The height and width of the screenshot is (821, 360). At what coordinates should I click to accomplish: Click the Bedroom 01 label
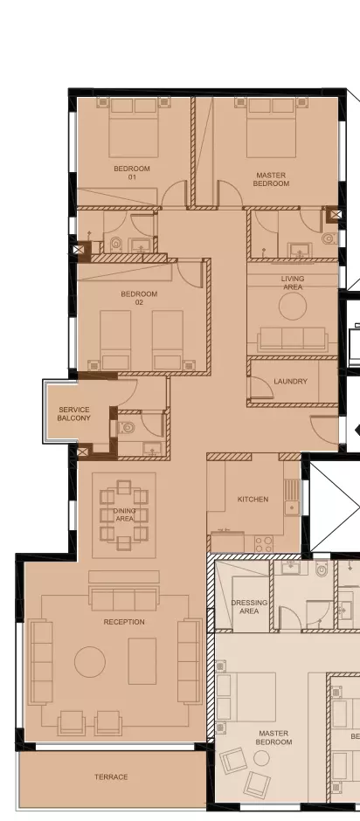(132, 173)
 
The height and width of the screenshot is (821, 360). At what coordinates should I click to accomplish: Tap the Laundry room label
(290, 382)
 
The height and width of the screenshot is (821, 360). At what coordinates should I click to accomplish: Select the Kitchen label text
(253, 500)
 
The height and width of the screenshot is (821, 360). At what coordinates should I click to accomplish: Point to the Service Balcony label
(74, 414)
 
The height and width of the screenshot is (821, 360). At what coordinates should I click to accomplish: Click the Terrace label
(111, 777)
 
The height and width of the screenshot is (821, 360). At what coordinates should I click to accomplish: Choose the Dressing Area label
(249, 607)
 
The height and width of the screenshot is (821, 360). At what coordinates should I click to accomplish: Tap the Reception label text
(124, 622)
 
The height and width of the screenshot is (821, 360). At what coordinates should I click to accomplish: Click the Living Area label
(293, 283)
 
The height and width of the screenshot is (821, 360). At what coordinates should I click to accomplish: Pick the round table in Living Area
(293, 307)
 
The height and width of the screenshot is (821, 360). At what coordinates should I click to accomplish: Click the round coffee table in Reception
(90, 662)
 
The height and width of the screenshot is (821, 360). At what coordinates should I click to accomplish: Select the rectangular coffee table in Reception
(142, 661)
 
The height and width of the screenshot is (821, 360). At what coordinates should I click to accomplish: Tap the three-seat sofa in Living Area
(293, 339)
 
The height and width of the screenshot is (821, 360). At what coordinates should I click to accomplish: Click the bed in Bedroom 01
(134, 128)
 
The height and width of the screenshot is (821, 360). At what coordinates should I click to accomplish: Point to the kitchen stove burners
(264, 543)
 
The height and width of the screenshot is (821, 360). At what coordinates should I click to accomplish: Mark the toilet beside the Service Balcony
(127, 428)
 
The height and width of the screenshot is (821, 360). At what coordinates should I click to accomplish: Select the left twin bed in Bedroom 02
(115, 340)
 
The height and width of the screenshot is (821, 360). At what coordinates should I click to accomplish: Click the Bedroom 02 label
(140, 298)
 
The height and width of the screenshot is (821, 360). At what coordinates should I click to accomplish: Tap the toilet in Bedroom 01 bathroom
(116, 244)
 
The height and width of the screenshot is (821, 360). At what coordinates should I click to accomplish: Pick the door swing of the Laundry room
(259, 389)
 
